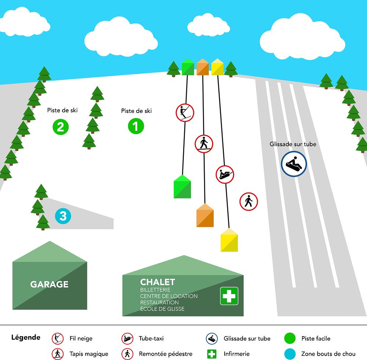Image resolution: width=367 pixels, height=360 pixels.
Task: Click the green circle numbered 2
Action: (x=61, y=127)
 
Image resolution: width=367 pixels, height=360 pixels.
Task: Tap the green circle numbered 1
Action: (x=136, y=126)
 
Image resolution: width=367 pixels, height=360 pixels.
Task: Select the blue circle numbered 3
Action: (x=63, y=216)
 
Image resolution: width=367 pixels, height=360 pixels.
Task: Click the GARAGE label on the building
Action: (x=49, y=284)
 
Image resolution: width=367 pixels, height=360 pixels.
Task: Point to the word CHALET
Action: (x=157, y=282)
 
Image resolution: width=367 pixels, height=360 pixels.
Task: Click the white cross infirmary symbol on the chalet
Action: (x=229, y=296)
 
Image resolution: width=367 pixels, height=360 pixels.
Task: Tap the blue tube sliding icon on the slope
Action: (x=294, y=164)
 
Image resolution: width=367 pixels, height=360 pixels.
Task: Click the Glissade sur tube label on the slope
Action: (x=293, y=144)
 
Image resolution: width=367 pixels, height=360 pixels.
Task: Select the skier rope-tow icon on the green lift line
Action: (x=185, y=112)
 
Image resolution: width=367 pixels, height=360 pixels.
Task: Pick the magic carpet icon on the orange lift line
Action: (x=204, y=143)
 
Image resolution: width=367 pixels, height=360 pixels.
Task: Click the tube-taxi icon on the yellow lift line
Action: (x=225, y=174)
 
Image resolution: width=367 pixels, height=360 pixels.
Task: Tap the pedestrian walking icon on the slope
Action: (x=249, y=201)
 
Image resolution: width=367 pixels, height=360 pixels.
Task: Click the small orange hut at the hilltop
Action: (x=203, y=67)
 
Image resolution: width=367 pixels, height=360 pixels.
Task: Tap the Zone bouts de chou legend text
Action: (x=328, y=354)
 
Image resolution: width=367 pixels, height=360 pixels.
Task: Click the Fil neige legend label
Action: (x=81, y=338)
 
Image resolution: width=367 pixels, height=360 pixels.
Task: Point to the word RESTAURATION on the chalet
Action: (x=159, y=302)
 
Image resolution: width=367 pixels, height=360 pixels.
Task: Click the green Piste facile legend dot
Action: (x=290, y=338)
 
